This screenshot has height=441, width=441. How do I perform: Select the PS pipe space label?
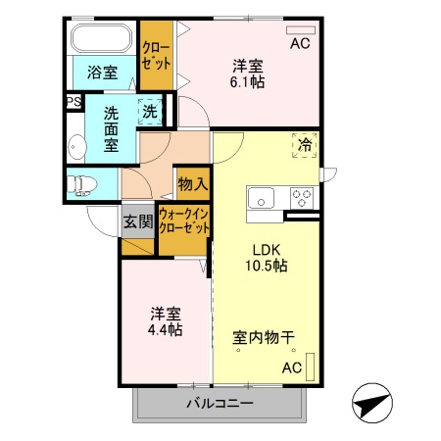point(73,101)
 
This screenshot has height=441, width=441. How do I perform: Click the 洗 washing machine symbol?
point(150,112)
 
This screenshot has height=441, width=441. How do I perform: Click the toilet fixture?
point(80,183)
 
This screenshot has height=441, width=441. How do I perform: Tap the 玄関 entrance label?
point(138,220)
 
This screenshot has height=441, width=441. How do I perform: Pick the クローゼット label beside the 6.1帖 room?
point(156,53)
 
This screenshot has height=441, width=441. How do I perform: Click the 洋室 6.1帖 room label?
point(249,74)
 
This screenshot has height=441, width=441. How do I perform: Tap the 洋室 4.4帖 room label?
point(166,321)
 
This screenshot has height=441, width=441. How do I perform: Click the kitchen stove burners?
point(301,193)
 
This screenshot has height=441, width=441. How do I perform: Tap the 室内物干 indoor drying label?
point(264,339)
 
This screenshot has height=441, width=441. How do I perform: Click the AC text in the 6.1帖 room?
point(299,44)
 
